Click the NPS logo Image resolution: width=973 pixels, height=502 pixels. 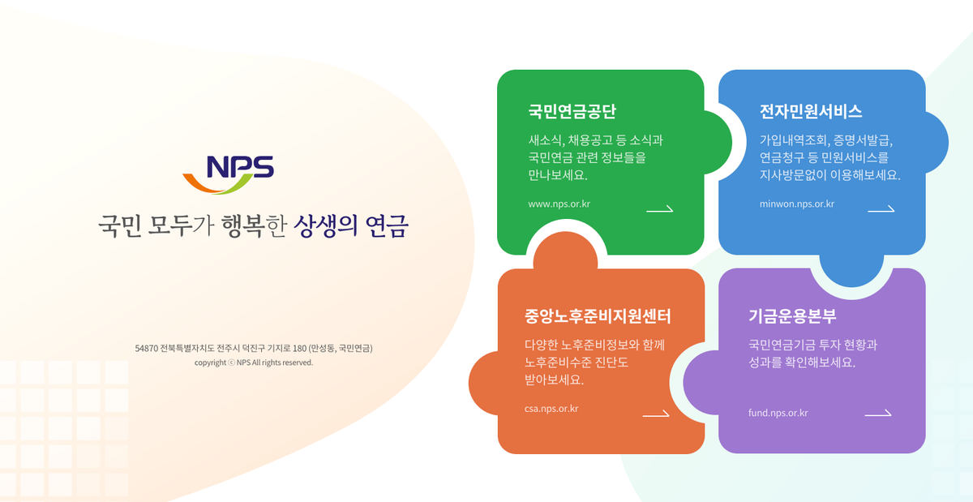point(229,174)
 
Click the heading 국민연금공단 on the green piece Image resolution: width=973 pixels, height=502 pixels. point(572,111)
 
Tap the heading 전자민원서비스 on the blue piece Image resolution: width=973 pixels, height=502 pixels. point(811,111)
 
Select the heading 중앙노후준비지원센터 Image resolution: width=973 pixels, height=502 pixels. point(598,316)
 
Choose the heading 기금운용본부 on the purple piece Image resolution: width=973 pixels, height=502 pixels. point(792,316)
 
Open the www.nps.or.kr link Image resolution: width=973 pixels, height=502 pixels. point(559,204)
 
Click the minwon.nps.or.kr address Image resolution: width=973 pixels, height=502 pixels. point(796,204)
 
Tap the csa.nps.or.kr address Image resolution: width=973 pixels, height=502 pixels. point(551,409)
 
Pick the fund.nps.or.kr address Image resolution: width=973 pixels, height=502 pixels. point(778,413)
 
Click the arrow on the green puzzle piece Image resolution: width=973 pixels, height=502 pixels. point(660,209)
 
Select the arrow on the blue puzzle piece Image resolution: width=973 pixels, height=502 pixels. point(881,209)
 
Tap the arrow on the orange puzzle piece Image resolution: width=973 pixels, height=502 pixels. point(656,414)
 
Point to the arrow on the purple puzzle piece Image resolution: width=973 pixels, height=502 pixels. point(878,414)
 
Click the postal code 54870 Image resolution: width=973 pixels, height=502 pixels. point(147,348)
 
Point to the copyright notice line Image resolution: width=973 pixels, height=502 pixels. point(254,363)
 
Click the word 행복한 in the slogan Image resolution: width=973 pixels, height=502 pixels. point(254,225)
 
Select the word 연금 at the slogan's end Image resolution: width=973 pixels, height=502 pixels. point(387,225)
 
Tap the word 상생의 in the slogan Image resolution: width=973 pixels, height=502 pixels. point(326,225)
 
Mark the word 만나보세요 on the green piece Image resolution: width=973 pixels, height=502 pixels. point(558,174)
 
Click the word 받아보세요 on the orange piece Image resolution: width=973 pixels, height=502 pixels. point(554,380)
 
